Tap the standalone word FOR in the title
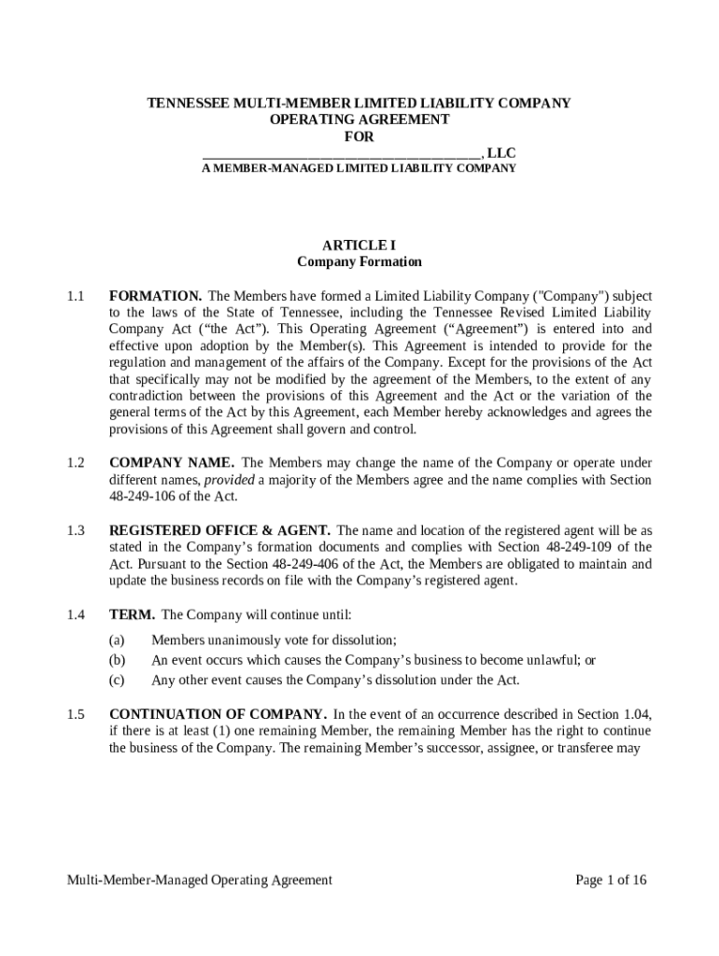tap(359, 136)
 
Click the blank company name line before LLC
tap(342, 153)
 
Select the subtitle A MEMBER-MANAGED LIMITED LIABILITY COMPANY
tap(359, 169)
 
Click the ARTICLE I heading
tap(359, 246)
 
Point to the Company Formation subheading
tap(359, 262)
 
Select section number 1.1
tap(76, 296)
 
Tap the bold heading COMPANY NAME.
tap(172, 463)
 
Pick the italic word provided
tap(229, 480)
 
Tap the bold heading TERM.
tap(132, 614)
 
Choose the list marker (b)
tap(117, 660)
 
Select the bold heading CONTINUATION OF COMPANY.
tap(218, 714)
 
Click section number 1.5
tap(76, 714)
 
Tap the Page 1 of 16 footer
tap(611, 879)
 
